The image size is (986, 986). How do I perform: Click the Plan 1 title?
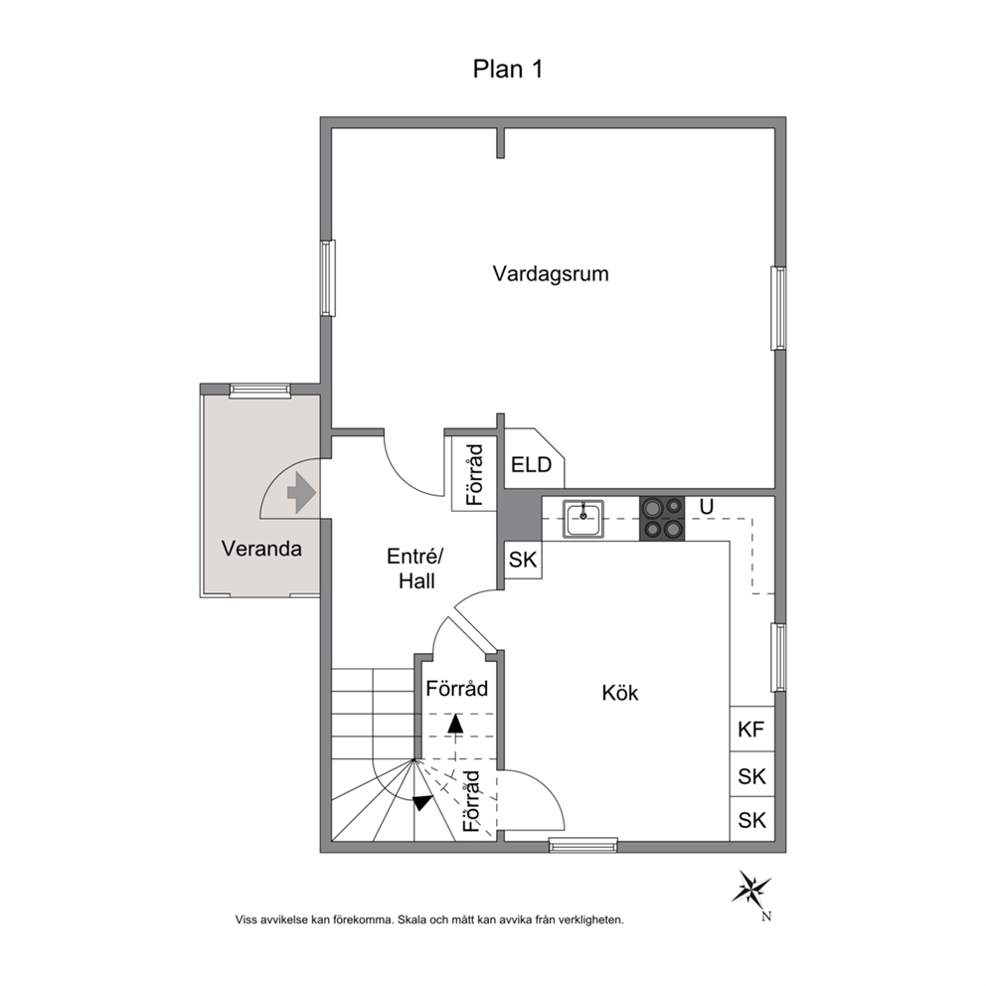click(508, 70)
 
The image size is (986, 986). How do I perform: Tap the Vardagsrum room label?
click(551, 274)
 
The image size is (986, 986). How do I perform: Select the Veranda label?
click(261, 549)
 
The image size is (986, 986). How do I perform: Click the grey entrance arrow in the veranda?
click(302, 492)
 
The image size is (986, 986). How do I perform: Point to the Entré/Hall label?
click(415, 569)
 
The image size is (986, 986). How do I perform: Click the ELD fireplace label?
click(532, 465)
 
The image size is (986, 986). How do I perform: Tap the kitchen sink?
click(583, 519)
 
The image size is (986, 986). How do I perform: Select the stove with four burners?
click(662, 519)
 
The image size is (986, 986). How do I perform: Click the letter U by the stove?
click(706, 507)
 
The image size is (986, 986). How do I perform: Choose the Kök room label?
click(620, 693)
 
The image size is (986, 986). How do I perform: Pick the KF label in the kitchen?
click(751, 730)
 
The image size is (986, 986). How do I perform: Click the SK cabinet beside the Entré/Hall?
click(523, 559)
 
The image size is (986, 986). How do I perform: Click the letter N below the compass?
click(766, 916)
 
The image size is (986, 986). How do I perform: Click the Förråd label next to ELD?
click(476, 475)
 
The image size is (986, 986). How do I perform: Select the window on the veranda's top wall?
click(260, 391)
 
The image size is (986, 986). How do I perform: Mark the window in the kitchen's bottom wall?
click(583, 845)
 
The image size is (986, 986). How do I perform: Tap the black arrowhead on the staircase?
click(422, 802)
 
